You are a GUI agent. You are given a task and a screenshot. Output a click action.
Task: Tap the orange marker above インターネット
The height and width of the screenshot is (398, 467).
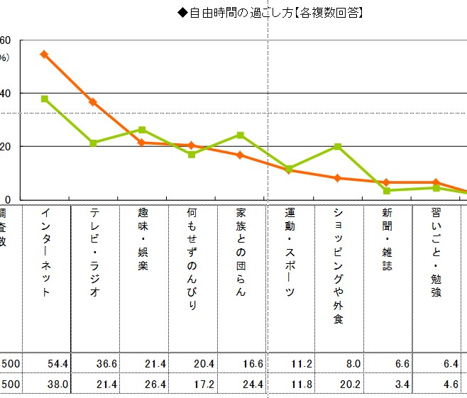pyautogui.click(x=44, y=54)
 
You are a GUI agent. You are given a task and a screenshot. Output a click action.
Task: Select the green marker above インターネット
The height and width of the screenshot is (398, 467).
pyautogui.click(x=45, y=99)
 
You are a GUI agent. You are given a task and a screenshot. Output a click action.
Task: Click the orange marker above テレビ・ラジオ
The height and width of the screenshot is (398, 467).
pyautogui.click(x=93, y=102)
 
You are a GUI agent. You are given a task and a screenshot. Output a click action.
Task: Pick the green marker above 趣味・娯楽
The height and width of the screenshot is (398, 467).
pyautogui.click(x=142, y=130)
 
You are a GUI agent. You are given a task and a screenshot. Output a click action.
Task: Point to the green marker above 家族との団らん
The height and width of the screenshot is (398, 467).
pyautogui.click(x=241, y=135)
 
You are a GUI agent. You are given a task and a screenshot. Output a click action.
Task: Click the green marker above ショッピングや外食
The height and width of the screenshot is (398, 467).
pyautogui.click(x=338, y=146)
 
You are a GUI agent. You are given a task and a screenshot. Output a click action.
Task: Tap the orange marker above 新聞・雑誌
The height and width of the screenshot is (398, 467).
pyautogui.click(x=386, y=182)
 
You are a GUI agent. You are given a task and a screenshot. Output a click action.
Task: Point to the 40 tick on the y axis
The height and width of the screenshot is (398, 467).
pyautogui.click(x=5, y=93)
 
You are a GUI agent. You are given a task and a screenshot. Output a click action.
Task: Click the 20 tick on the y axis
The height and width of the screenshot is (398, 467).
pyautogui.click(x=5, y=146)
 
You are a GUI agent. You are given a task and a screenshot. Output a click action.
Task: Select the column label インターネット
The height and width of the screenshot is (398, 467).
pyautogui.click(x=45, y=253)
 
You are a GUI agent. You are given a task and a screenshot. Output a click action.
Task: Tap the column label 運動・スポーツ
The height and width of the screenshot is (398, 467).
pyautogui.click(x=289, y=253)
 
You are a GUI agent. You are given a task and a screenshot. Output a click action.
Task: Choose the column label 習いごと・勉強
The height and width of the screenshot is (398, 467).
pyautogui.click(x=436, y=253)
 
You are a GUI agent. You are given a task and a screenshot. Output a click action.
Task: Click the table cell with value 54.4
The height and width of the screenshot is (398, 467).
pyautogui.click(x=57, y=364)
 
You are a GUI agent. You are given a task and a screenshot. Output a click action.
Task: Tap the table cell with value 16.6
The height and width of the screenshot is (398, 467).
pyautogui.click(x=253, y=364)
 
